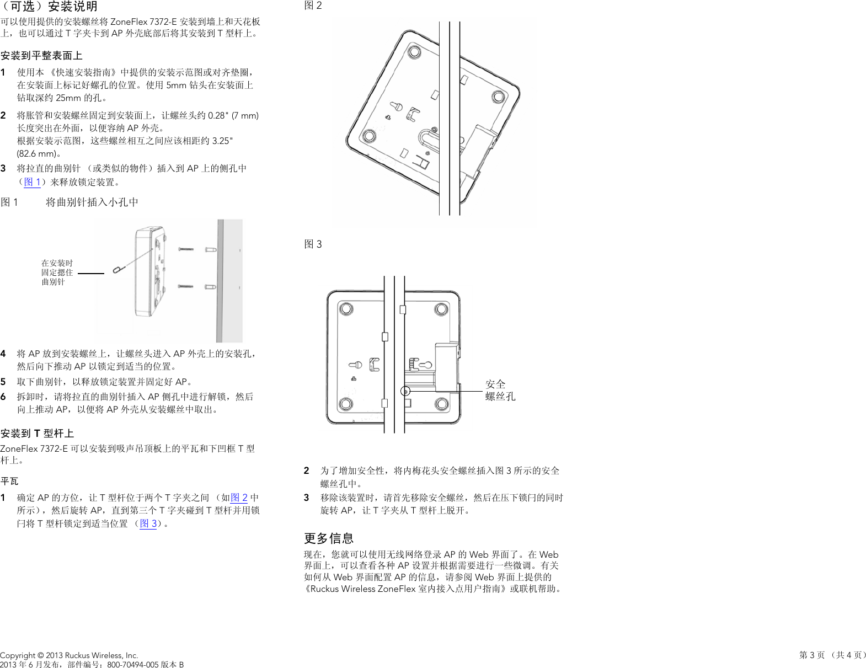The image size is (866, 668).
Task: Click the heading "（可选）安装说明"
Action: (49, 7)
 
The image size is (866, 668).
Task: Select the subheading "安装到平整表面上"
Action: (41, 56)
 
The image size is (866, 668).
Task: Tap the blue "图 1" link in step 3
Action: (33, 182)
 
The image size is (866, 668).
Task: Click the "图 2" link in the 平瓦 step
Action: (239, 498)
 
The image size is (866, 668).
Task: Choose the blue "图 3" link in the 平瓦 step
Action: (148, 523)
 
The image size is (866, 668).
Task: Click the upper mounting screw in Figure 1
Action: (186, 249)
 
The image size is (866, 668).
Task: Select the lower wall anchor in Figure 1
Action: (210, 287)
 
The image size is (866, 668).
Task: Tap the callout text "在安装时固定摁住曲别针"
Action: (57, 272)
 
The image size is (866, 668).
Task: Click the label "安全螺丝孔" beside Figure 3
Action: (500, 390)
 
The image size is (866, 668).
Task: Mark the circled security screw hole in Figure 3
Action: (405, 391)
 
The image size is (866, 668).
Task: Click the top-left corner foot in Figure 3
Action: (346, 308)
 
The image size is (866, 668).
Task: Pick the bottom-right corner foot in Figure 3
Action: (441, 404)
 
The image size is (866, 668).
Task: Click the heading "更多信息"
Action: (329, 538)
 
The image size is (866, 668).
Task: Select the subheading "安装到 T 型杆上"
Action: (37, 434)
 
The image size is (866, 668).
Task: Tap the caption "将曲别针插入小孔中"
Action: (92, 202)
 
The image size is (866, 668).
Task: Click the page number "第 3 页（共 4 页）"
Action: (832, 655)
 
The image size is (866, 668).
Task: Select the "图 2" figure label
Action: (313, 6)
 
